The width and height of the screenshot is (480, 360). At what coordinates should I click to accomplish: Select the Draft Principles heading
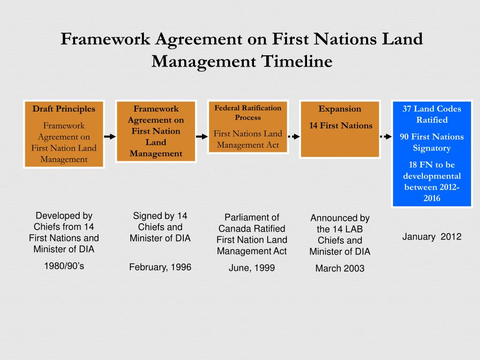click(x=64, y=109)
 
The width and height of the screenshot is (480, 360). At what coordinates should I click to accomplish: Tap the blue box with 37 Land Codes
click(x=432, y=153)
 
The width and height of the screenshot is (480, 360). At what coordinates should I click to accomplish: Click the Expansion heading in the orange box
click(x=340, y=109)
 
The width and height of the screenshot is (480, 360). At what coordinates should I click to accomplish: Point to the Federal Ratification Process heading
click(x=248, y=112)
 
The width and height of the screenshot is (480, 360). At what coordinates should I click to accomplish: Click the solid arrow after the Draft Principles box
click(x=109, y=136)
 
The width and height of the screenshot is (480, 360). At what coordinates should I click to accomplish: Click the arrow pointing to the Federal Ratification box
click(x=202, y=136)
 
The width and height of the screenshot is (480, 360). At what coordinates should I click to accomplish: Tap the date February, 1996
click(x=160, y=267)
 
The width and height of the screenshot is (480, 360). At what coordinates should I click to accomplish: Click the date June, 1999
click(x=252, y=268)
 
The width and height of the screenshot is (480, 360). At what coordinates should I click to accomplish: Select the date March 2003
click(x=340, y=269)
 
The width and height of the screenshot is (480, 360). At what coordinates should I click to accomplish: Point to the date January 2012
click(x=432, y=237)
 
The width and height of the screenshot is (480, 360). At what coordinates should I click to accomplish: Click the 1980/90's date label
click(x=64, y=266)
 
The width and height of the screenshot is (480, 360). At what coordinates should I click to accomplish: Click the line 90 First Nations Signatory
click(x=432, y=142)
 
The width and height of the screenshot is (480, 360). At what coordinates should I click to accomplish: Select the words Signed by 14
click(x=160, y=216)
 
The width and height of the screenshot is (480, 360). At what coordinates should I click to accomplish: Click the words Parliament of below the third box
click(x=252, y=217)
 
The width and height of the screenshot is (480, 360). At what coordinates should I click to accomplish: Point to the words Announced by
click(x=340, y=218)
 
